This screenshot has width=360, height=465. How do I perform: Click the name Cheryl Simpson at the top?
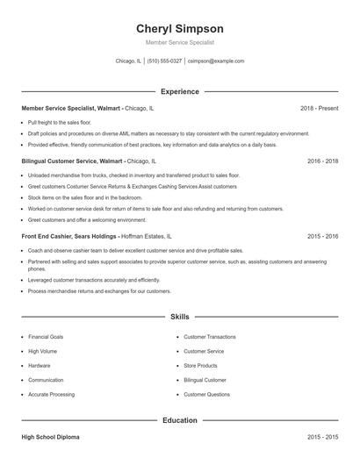pos(180,28)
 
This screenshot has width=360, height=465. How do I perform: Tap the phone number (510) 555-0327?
pos(165,61)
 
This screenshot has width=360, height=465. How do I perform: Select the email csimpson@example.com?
pos(216,61)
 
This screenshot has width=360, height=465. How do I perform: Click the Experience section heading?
pos(180,91)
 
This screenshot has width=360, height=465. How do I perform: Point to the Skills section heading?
pos(180,316)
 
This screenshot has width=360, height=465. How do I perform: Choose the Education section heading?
pos(180,420)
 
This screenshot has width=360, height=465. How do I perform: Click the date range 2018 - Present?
pos(319,108)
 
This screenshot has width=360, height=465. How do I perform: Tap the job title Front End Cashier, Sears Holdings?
pos(73,236)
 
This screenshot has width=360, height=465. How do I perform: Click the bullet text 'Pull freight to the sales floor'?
pos(66,122)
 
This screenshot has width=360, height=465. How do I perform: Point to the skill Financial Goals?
pos(46,337)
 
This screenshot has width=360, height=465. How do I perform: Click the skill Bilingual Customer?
pos(205,380)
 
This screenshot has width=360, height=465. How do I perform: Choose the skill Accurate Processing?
pos(51,395)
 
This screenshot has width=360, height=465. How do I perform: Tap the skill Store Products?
pos(200,366)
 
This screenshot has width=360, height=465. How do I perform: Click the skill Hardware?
pos(39,366)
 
